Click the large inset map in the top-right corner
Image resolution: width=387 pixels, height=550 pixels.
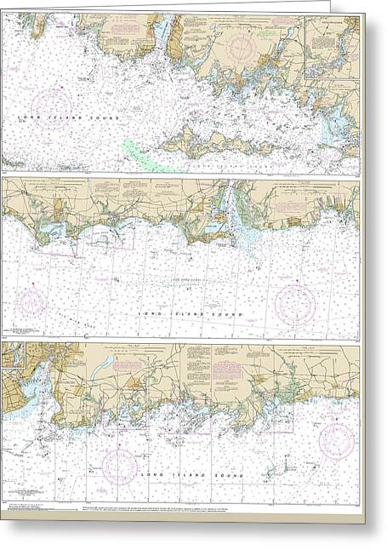point(332,47)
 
